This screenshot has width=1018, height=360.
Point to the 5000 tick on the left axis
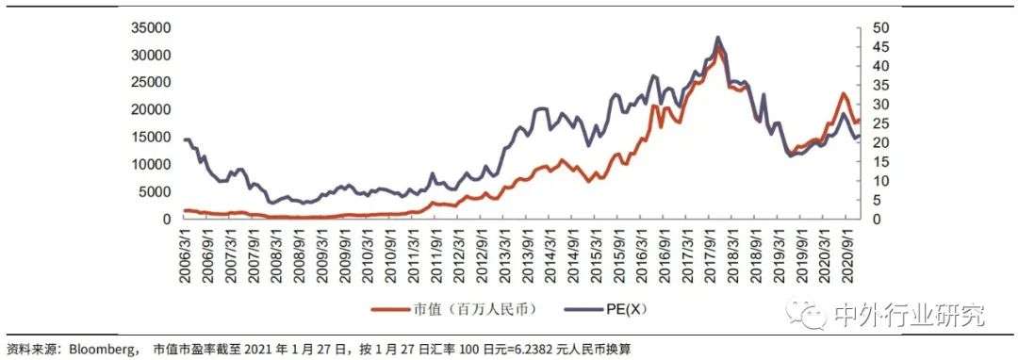[155, 191]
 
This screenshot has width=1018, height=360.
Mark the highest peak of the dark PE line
[718, 38]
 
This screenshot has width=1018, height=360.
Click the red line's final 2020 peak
[843, 93]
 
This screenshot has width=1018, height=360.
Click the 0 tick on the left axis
[167, 219]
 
